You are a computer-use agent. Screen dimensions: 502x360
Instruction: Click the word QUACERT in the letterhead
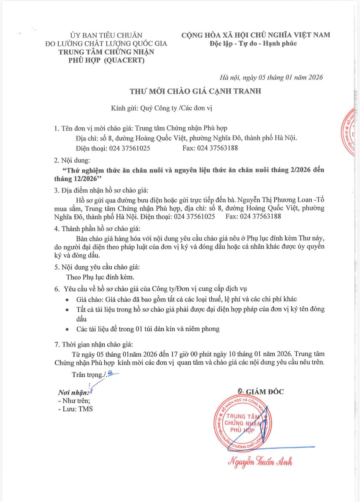pos(125,60)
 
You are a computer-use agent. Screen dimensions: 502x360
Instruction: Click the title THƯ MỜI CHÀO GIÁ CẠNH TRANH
pos(195,91)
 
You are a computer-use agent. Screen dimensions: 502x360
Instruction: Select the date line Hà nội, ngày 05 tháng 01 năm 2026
pos(271,77)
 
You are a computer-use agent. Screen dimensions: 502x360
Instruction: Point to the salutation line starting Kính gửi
pos(161,108)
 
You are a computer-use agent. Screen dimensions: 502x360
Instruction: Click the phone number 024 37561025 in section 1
pos(129,148)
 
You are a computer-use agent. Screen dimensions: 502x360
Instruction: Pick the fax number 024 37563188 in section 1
pos(217,148)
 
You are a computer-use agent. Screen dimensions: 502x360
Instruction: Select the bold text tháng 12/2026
pos(76,179)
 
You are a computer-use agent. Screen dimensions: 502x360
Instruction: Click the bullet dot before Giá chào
pos(67,300)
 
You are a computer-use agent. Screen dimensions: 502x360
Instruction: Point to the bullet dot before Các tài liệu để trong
pos(67,330)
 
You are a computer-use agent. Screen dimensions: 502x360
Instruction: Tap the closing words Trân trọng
pos(89,374)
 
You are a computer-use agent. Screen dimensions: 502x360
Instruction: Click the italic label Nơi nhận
pos(73,392)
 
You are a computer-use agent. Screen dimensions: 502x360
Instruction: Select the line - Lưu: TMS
pos(76,409)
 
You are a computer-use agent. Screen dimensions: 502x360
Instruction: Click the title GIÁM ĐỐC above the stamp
pos(264,392)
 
